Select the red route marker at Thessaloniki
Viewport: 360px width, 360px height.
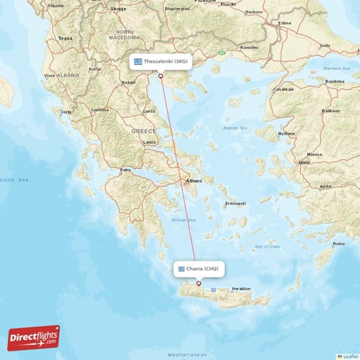click(x=161, y=76)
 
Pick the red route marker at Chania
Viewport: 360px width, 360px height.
click(x=199, y=283)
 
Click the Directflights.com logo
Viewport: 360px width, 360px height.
click(x=34, y=337)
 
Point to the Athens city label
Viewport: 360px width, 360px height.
click(x=194, y=181)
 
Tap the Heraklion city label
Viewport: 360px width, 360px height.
click(x=241, y=289)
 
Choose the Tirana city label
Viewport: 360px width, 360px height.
click(x=66, y=37)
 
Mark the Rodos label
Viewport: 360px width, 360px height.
click(x=340, y=243)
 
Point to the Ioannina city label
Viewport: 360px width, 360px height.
click(x=99, y=110)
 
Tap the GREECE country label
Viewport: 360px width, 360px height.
click(x=143, y=131)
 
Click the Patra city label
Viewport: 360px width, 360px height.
click(x=125, y=170)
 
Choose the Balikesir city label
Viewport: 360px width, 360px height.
click(x=330, y=111)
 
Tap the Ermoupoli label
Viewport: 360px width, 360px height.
click(x=235, y=204)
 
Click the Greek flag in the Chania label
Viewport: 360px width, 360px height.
click(x=181, y=269)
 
